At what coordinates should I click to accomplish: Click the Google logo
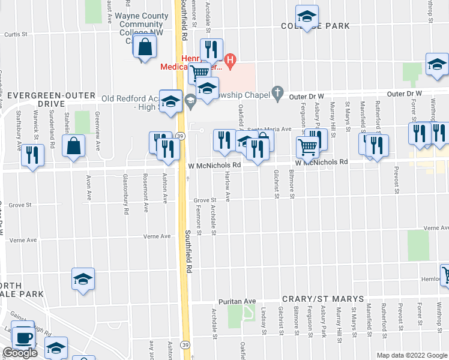(x=20, y=353)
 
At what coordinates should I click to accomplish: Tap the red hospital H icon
(x=229, y=59)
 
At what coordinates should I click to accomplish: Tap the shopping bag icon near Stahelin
(x=73, y=146)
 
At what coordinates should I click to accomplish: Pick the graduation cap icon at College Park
(x=307, y=18)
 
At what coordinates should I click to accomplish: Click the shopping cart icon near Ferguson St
(x=307, y=147)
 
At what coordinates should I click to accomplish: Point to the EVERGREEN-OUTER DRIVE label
(x=48, y=100)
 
